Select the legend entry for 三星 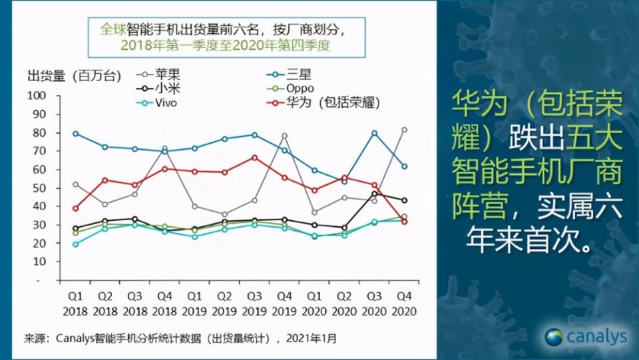tap(300, 74)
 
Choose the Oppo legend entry tap(302, 89)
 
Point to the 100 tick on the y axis tap(36, 96)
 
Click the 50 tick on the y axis tap(39, 188)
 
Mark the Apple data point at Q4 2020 tap(404, 130)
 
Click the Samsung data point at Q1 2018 tap(75, 134)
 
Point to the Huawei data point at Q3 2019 tap(254, 158)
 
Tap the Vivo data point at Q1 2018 tap(75, 244)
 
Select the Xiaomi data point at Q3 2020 tap(374, 194)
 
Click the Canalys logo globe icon tap(554, 337)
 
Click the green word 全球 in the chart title tap(112, 31)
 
